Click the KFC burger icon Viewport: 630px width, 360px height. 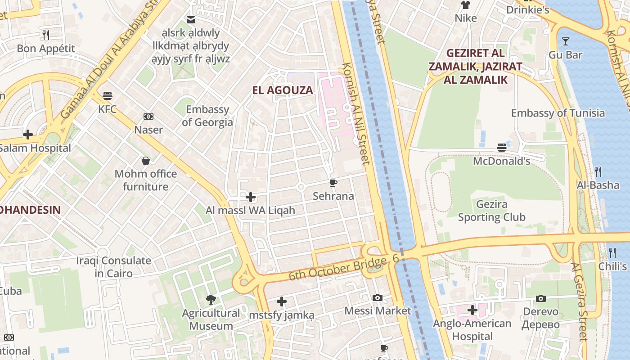107,96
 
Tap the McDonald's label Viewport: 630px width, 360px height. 502,161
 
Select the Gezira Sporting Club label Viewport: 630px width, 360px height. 491,211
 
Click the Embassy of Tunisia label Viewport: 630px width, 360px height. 558,113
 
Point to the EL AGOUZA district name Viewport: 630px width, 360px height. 283,90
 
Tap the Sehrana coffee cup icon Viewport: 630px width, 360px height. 333,183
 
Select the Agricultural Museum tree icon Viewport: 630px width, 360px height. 210,299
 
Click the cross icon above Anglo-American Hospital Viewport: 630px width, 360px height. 472,310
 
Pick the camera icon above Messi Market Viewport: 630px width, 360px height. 378,297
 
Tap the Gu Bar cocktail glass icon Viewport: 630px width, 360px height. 566,41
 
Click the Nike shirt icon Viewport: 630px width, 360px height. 465,5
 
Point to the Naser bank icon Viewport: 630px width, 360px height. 148,117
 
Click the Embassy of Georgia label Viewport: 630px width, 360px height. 207,116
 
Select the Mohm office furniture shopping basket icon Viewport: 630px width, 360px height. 145,161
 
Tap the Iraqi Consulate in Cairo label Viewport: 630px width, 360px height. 113,267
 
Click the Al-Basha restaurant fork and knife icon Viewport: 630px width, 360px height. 598,171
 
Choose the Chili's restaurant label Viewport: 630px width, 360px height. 612,266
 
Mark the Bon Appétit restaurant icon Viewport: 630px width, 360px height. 45,35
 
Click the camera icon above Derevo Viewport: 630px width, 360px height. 541,298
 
